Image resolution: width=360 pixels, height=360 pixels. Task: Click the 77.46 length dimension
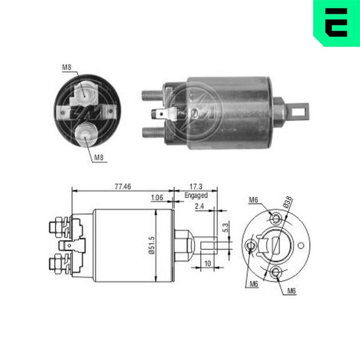pyautogui.click(x=122, y=186)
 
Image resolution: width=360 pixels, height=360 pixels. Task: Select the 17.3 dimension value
pyautogui.click(x=196, y=186)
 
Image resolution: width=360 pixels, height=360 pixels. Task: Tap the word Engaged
pyautogui.click(x=196, y=195)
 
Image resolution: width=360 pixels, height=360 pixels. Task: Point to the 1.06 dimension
pyautogui.click(x=157, y=198)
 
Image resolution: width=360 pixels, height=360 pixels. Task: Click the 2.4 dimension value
pyautogui.click(x=199, y=206)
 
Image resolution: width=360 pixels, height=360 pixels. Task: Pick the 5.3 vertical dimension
pyautogui.click(x=225, y=228)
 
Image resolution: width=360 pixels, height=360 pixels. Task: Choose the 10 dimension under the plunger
pyautogui.click(x=207, y=263)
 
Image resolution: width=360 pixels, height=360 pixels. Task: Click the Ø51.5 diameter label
pyautogui.click(x=152, y=245)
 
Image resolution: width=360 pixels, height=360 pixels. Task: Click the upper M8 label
pyautogui.click(x=67, y=67)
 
